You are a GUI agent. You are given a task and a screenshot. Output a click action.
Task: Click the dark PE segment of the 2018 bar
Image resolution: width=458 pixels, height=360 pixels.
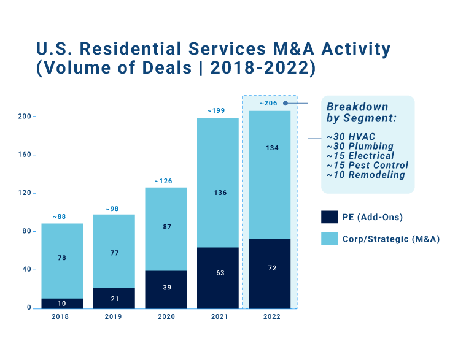(62, 303)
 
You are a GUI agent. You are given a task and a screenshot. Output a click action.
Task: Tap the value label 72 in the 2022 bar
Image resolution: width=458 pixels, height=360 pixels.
(270, 269)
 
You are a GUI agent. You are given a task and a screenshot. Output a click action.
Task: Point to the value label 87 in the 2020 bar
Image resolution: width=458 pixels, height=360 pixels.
(166, 227)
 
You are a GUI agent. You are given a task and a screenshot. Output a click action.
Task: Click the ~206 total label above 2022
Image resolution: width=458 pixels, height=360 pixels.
(269, 103)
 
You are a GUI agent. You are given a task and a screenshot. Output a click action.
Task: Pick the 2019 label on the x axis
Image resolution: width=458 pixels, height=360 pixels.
(113, 316)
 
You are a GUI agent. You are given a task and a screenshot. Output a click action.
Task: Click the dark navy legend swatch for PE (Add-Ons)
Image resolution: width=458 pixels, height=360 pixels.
(329, 217)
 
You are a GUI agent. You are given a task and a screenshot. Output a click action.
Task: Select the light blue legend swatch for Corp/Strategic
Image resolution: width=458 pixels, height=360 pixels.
(329, 239)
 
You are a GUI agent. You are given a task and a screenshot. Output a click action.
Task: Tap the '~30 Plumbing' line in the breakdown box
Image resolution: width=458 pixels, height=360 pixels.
(360, 146)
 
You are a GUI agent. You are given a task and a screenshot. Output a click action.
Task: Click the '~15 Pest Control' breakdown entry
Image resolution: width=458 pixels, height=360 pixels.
(367, 165)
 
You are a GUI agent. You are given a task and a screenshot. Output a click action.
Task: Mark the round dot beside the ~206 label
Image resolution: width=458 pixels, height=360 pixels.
(285, 103)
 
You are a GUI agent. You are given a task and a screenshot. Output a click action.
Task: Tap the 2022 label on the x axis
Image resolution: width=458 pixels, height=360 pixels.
(271, 316)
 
